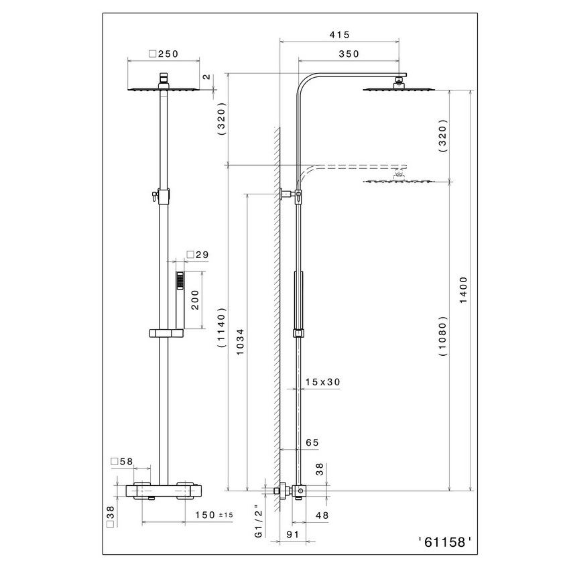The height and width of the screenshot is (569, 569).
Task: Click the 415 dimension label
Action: tap(340, 34)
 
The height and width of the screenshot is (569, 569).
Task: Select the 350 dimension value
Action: tap(350, 54)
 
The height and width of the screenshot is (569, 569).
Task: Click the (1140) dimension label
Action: tap(223, 329)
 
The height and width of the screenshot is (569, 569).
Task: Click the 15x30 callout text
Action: tap(322, 382)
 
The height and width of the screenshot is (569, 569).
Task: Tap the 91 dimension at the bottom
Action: tap(293, 536)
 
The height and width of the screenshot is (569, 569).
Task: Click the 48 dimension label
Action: tap(322, 516)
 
